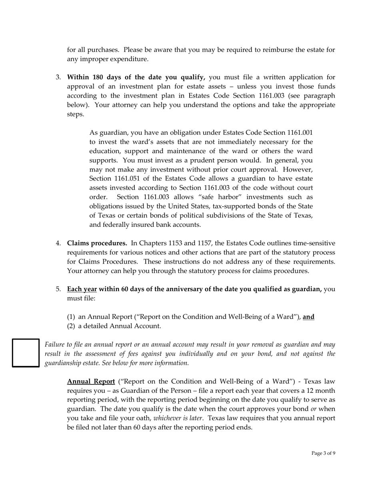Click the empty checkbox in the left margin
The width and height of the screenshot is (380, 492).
[x=26, y=352]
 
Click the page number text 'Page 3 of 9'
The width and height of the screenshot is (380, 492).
[x=323, y=453]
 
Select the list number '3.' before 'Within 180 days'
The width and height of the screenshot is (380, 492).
[x=58, y=77]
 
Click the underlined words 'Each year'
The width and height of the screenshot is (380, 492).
[x=82, y=289]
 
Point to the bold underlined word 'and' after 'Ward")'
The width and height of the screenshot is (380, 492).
[x=308, y=317]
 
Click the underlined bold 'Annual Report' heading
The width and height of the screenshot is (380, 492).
[x=91, y=381]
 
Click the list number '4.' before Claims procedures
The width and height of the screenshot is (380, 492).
[x=58, y=243]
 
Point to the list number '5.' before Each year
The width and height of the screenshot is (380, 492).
[x=58, y=289]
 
